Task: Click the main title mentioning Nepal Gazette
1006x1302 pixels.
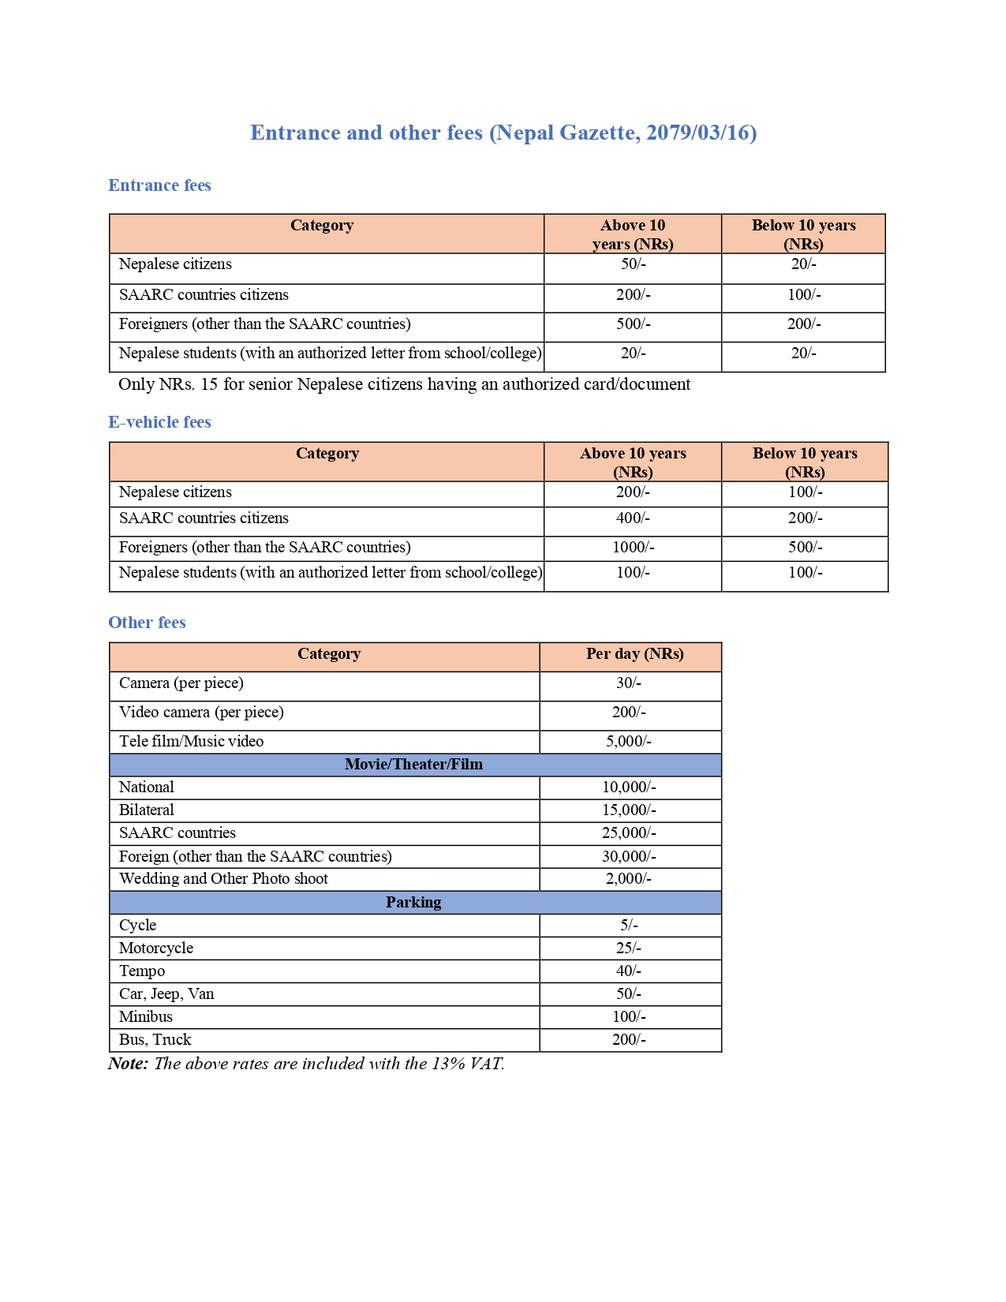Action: pos(503,133)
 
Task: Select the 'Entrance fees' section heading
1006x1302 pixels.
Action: pos(159,185)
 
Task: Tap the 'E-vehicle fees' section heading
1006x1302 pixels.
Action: pos(159,422)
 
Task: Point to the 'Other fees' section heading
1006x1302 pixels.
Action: pos(147,623)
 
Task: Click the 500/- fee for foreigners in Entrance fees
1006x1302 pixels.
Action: pos(633,324)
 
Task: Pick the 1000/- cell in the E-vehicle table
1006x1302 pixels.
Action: pos(633,548)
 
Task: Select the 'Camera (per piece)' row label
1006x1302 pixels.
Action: pos(181,683)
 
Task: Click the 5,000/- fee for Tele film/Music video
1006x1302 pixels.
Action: pos(629,742)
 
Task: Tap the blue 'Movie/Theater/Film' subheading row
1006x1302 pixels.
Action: pos(414,765)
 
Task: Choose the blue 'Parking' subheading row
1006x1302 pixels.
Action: pos(414,903)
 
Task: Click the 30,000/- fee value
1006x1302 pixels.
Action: pos(629,857)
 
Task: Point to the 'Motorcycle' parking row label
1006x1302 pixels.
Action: pos(156,948)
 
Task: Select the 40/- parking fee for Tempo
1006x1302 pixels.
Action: pos(629,971)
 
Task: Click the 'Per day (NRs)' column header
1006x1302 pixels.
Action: pos(634,654)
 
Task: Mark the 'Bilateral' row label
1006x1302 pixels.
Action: pos(147,810)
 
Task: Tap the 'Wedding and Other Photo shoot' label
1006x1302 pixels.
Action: pos(223,879)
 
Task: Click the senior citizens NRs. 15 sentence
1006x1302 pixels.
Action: pos(404,384)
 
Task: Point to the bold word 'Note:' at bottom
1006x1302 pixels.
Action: pos(128,1064)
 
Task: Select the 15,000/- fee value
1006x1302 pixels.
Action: pos(629,810)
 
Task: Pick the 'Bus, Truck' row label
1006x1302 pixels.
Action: pos(155,1040)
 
